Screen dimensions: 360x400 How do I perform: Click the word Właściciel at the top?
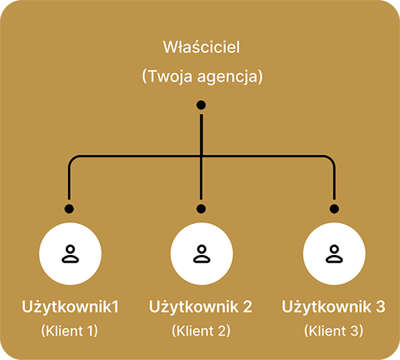201,48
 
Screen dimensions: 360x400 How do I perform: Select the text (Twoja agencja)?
201,76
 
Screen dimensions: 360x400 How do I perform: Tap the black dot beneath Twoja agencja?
201,105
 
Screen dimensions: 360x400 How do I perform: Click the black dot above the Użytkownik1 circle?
69,208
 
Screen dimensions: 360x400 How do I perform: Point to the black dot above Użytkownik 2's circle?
201,208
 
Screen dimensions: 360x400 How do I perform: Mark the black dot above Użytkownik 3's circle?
334,208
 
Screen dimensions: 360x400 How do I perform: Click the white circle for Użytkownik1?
69,254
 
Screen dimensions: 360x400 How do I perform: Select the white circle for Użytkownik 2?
201,254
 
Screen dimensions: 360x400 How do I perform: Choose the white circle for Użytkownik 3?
334,254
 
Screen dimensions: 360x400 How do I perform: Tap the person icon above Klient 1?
69,254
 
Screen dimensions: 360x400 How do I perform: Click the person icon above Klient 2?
201,254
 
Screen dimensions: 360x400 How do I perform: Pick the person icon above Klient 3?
334,254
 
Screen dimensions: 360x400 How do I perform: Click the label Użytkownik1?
69,306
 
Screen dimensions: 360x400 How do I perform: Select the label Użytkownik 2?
201,306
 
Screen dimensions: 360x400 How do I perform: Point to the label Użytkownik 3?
333,306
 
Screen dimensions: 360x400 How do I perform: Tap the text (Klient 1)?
69,331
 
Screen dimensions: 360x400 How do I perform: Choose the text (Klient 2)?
201,331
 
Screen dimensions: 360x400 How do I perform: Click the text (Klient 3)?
333,331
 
